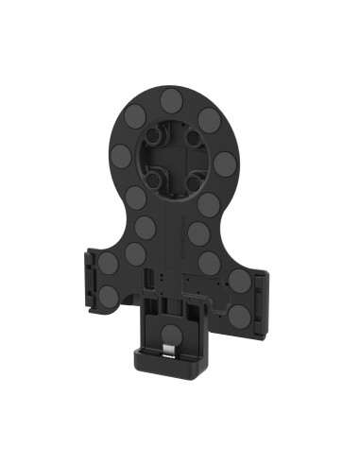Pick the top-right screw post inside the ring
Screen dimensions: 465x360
(x=194, y=139)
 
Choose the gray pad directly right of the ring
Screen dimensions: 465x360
(x=225, y=164)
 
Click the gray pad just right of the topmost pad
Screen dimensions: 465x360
(x=210, y=121)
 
